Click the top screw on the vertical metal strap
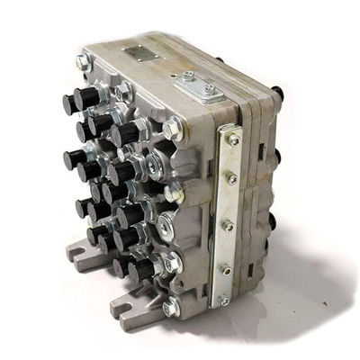(234, 139)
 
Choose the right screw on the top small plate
(209, 87)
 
